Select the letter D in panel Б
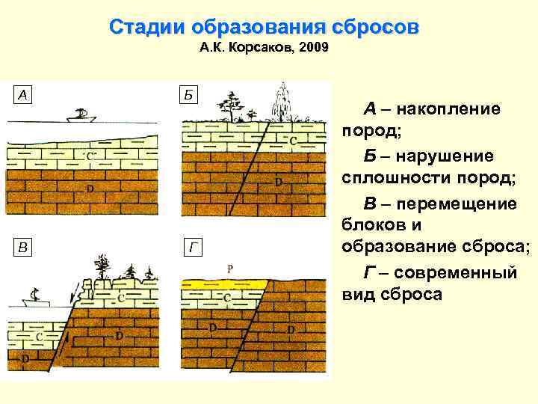pyautogui.click(x=278, y=181)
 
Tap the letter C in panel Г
pyautogui.click(x=228, y=298)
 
